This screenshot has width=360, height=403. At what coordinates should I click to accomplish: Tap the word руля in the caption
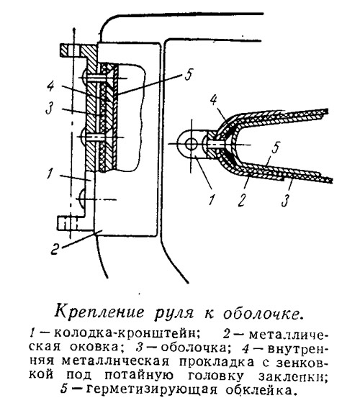tap(174, 314)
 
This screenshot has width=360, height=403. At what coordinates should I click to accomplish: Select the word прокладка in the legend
tap(216, 361)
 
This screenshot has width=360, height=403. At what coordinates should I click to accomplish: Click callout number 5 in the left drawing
tap(188, 74)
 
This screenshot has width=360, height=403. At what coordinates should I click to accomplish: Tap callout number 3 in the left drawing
tap(50, 108)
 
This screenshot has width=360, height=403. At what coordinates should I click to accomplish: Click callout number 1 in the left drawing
tap(50, 173)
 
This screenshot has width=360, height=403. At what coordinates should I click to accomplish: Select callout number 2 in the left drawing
tap(55, 248)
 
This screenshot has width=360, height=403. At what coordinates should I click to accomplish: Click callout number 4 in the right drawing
tap(213, 101)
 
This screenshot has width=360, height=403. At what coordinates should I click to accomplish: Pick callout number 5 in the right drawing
tap(275, 148)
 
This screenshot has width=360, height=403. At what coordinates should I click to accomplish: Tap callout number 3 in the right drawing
tap(285, 201)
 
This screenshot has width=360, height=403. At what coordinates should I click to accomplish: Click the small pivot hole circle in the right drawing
tap(191, 144)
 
